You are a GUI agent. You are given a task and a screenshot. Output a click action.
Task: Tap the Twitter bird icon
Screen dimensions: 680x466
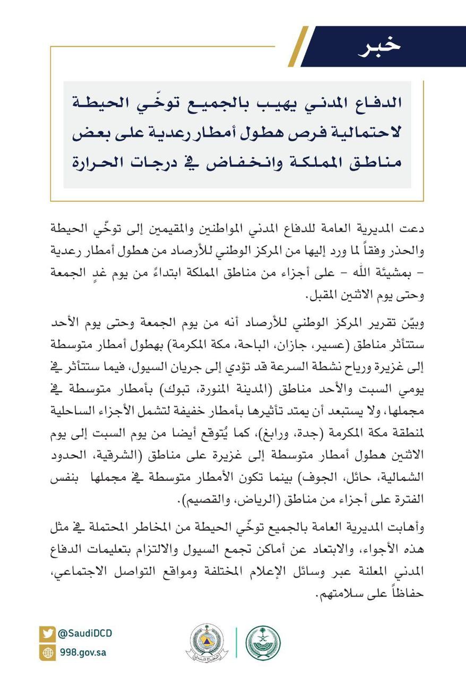(x=47, y=634)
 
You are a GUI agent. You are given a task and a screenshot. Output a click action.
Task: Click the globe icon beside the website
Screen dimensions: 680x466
(x=47, y=652)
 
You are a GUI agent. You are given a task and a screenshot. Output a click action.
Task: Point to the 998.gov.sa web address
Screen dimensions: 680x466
(x=82, y=652)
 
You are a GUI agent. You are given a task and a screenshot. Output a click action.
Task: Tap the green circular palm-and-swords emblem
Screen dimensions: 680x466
(x=263, y=643)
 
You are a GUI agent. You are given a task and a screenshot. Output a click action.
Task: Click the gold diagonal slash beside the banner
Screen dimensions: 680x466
(x=298, y=47)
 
